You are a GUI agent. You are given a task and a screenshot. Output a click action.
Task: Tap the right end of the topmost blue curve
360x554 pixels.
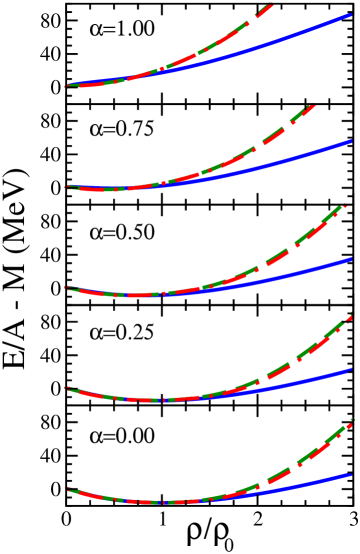click(x=350, y=16)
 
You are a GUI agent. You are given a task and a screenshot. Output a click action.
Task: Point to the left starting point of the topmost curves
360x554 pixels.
click(x=68, y=86)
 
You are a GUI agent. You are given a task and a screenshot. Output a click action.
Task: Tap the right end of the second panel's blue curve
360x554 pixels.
click(x=350, y=142)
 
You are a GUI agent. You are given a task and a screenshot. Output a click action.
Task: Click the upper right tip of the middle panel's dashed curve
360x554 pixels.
click(x=345, y=207)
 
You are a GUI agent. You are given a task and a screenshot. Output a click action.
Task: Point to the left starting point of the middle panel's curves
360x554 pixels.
click(x=68, y=288)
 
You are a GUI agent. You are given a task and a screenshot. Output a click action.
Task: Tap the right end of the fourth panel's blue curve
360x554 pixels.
click(x=350, y=370)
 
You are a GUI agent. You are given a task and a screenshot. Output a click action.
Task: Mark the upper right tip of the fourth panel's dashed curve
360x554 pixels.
click(x=351, y=317)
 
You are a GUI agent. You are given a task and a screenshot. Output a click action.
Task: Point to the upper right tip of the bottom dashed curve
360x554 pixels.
click(x=352, y=421)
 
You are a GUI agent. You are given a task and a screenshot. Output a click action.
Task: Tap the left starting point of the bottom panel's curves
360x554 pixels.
click(x=68, y=489)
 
